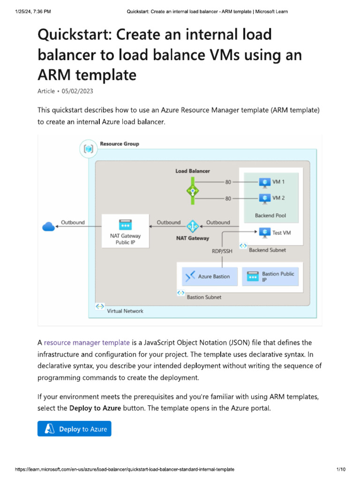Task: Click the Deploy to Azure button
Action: pos(75,429)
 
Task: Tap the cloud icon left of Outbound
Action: pos(48,227)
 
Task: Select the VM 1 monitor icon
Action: pos(265,181)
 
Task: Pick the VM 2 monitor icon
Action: pos(265,198)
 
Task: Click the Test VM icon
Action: pos(265,232)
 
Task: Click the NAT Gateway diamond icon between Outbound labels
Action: pos(193,226)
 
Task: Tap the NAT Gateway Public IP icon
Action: pos(125,225)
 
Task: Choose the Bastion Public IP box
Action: pos(271,277)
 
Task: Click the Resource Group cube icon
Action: pos(88,149)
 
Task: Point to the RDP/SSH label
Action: pos(222,251)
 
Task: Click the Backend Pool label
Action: pos(270,216)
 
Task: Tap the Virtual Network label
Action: pos(125,311)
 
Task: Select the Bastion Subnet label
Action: pos(204,297)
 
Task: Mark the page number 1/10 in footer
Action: pos(341,469)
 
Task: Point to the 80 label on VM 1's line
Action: pos(228,181)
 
